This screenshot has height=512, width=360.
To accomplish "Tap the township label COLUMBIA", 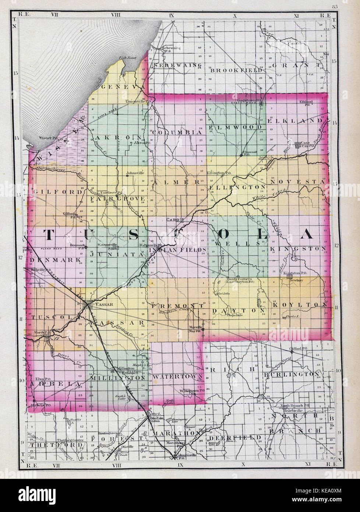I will click(x=177, y=132).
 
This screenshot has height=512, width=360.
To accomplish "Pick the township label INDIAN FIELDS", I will click(x=177, y=250).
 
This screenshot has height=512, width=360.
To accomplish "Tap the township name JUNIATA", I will click(x=115, y=254).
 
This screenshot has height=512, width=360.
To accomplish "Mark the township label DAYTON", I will click(x=238, y=311).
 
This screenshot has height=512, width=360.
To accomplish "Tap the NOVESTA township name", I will click(x=297, y=182).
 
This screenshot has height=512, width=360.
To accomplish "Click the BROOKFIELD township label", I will click(x=237, y=70).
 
